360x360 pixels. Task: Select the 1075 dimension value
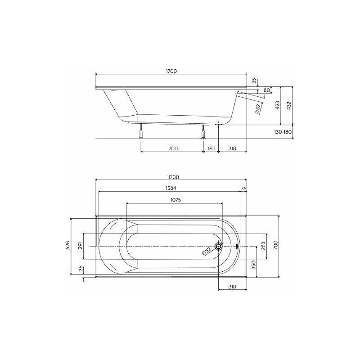point(174,200)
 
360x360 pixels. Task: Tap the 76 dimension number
point(243,188)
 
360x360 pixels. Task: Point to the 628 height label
point(68,245)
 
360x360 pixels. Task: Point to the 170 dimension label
point(211,148)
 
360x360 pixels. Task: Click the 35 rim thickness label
point(254,81)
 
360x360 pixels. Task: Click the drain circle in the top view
point(218,246)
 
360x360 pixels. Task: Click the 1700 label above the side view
point(171,71)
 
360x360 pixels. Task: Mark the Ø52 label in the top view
point(207,252)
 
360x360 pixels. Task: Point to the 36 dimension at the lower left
point(81,269)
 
